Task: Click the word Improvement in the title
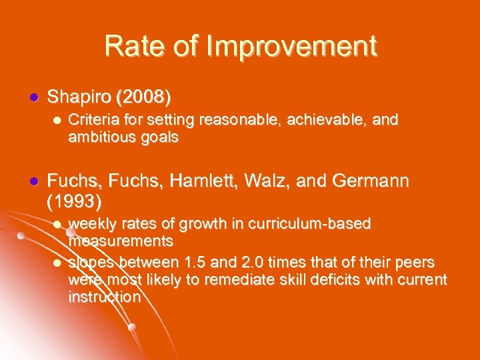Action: tap(293, 46)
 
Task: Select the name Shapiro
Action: tap(79, 97)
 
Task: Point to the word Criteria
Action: tap(93, 120)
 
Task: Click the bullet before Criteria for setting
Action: tap(57, 121)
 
